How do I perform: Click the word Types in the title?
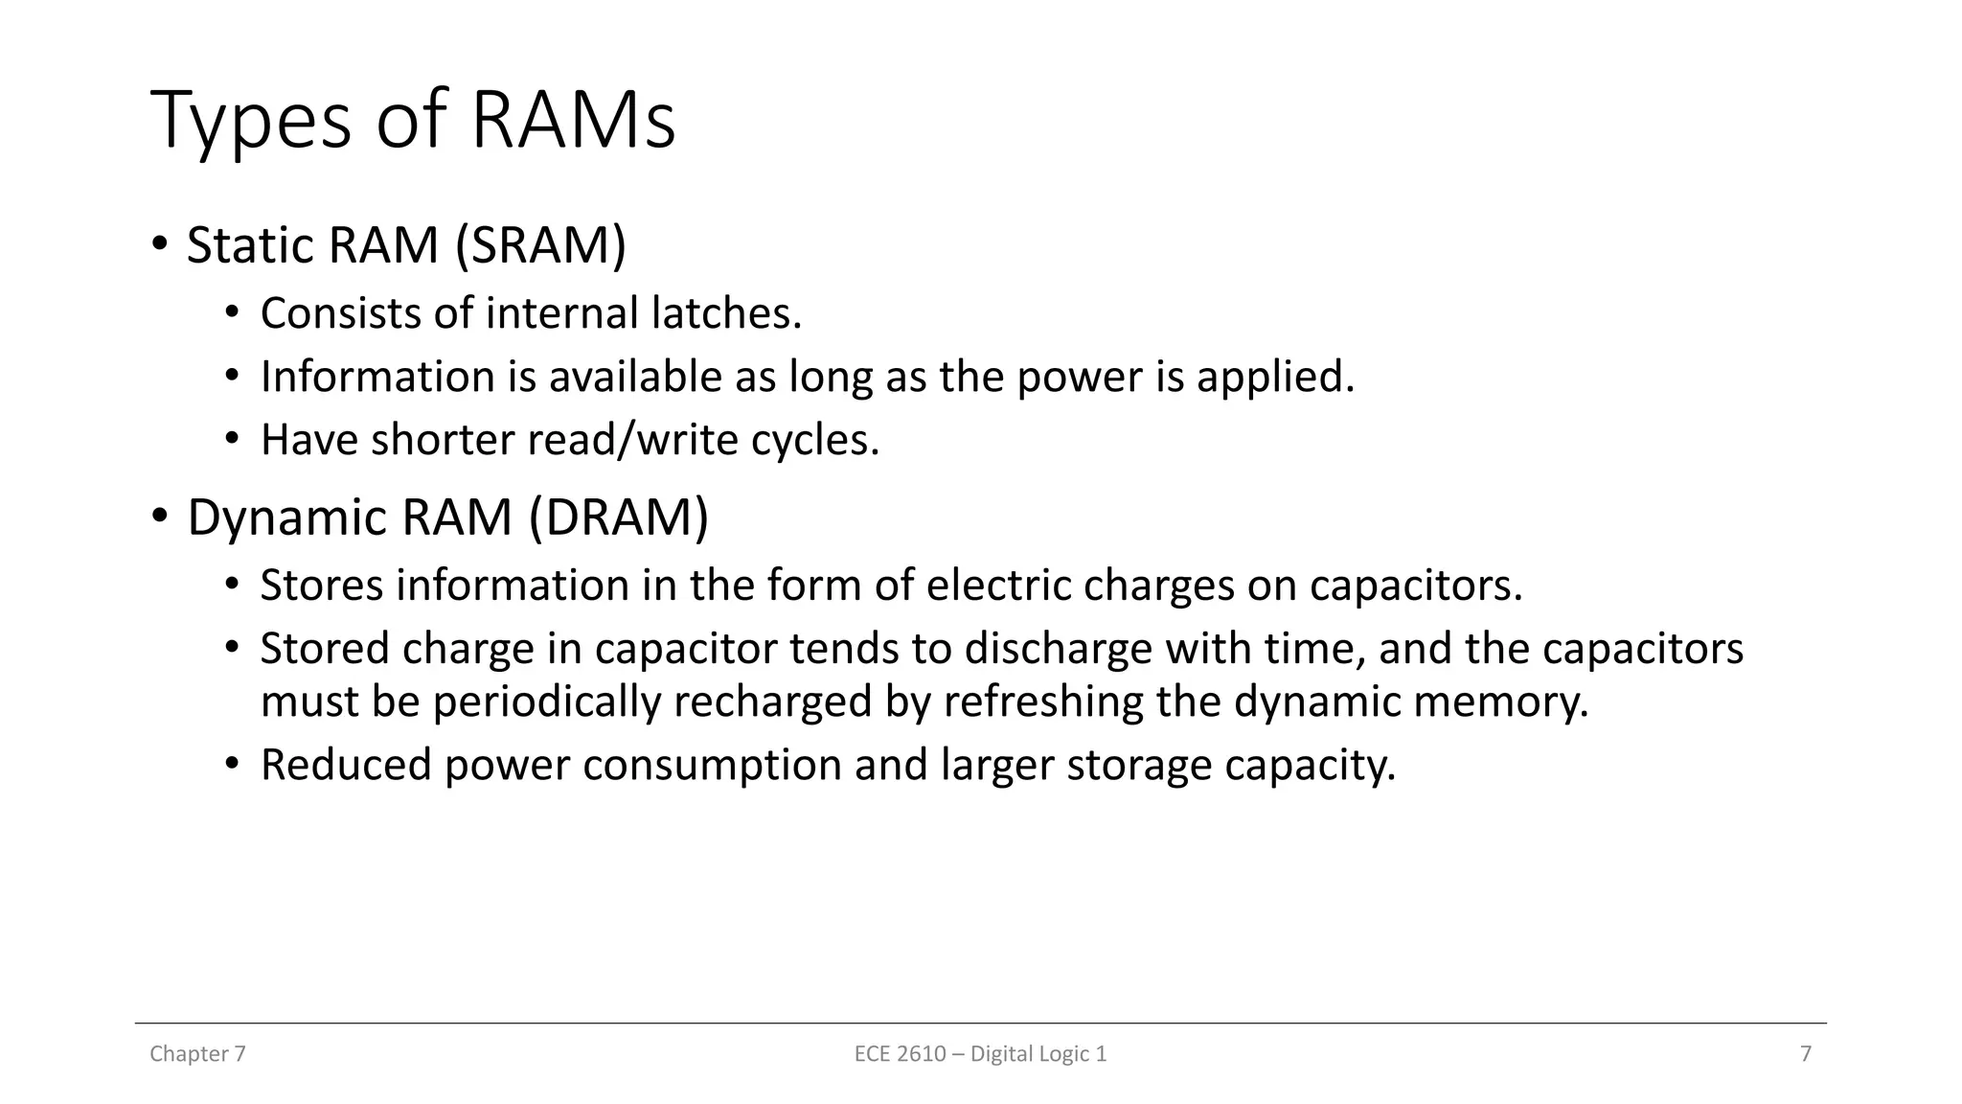(x=251, y=122)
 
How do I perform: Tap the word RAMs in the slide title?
(x=573, y=122)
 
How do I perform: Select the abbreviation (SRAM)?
(x=540, y=245)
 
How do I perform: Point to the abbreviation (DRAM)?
(x=619, y=517)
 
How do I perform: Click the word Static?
(x=251, y=245)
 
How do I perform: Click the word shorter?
(x=442, y=440)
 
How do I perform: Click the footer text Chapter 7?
(x=197, y=1054)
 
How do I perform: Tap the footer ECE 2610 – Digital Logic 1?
(x=980, y=1054)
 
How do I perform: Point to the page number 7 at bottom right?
(x=1806, y=1054)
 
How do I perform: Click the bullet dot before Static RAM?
(x=159, y=243)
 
